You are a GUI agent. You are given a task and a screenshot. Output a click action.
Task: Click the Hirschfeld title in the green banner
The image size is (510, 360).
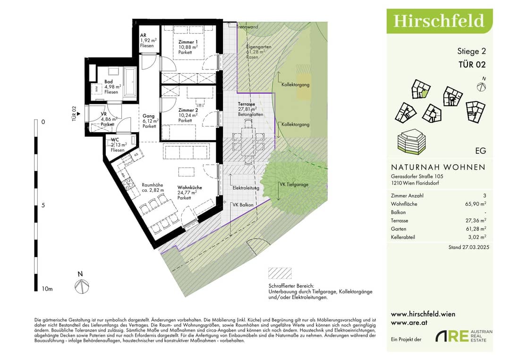(x=439, y=21)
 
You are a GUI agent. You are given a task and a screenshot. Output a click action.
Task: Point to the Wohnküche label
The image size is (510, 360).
(x=190, y=187)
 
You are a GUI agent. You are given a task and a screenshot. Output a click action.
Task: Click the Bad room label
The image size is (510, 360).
(x=109, y=82)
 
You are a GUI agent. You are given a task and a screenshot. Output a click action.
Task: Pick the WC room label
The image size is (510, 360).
(x=115, y=140)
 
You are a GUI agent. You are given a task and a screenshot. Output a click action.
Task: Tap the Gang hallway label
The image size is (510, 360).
(x=149, y=116)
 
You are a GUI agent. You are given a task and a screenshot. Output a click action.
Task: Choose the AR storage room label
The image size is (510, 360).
(x=143, y=35)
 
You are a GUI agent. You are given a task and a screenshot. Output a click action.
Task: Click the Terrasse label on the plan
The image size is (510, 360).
(x=246, y=104)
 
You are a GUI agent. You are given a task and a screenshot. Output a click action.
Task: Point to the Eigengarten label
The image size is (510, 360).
(x=259, y=47)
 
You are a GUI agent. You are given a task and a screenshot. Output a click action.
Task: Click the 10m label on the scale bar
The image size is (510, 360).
(x=47, y=289)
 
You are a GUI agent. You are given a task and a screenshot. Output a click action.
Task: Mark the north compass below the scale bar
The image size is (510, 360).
(x=81, y=286)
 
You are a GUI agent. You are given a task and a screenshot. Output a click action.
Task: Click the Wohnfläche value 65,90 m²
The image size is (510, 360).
(x=476, y=204)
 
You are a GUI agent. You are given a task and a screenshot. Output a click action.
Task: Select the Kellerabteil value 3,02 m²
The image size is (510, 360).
(x=477, y=237)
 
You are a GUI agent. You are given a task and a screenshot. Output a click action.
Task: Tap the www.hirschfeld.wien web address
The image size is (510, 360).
(x=423, y=314)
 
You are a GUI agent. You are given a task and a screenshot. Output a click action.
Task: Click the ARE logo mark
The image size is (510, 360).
(x=452, y=336)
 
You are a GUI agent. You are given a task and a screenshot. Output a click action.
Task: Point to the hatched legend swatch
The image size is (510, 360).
(x=280, y=273)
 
